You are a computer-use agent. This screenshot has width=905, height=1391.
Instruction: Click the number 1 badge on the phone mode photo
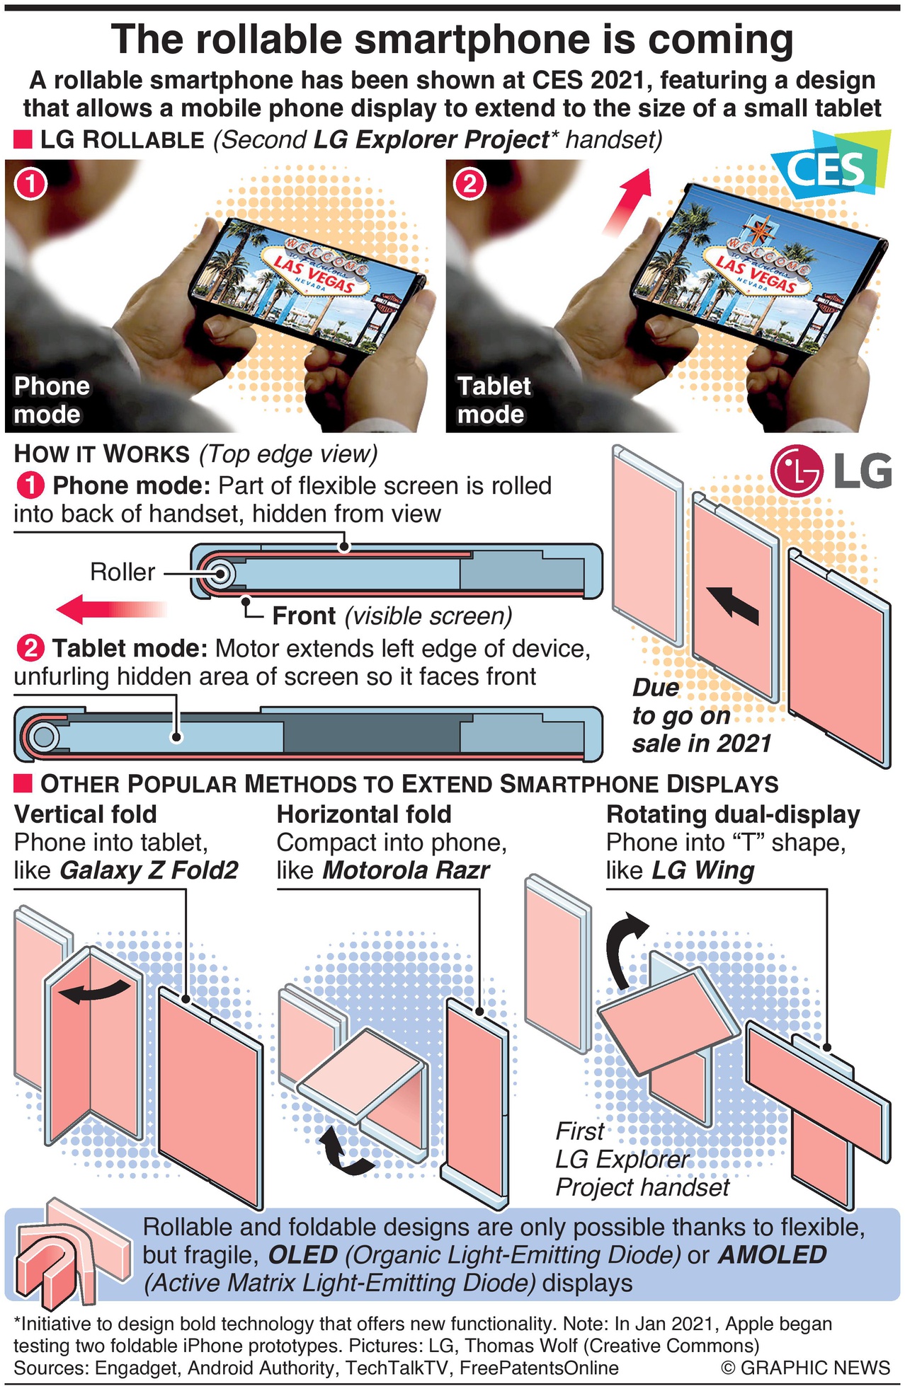30,185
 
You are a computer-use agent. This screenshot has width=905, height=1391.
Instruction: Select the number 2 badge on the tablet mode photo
469,185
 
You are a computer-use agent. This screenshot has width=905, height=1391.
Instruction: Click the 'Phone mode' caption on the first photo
52,400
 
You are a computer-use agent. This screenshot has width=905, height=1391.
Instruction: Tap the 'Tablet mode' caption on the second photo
494,400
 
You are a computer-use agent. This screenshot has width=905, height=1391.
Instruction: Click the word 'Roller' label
123,572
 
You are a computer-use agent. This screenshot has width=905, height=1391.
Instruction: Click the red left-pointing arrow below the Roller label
110,608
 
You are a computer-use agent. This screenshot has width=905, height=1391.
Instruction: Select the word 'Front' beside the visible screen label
304,616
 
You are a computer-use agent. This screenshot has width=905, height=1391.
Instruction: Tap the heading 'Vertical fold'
86,814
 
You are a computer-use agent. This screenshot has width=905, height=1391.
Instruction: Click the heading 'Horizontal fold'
364,814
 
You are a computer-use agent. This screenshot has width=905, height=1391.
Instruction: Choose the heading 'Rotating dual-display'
733,814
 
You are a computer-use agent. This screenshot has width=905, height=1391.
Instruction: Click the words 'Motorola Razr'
406,870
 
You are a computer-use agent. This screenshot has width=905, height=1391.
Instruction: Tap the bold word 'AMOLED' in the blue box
772,1254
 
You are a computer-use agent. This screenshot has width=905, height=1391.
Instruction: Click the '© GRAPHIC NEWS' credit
805,1368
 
